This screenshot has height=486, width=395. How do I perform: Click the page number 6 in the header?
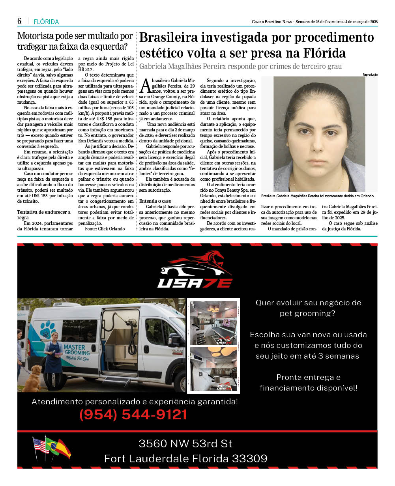(19, 21)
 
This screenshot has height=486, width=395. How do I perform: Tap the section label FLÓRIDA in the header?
(46, 22)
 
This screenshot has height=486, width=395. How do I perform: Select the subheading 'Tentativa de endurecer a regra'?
(44, 215)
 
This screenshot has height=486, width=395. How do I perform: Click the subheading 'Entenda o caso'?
(155, 201)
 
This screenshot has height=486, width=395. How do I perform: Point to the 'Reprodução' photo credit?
(370, 75)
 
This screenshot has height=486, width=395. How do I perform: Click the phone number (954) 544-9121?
(133, 415)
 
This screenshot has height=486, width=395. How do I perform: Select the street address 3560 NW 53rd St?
(185, 443)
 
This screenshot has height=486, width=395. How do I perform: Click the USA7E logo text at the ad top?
(195, 283)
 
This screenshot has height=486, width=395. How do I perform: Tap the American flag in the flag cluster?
(40, 445)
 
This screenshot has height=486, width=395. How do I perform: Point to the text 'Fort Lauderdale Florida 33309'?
(185, 459)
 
